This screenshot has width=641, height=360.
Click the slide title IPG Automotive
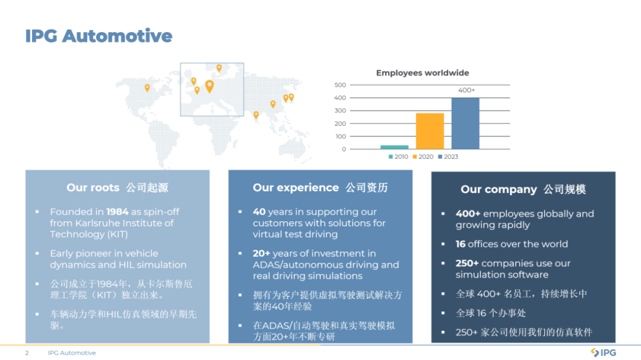99,36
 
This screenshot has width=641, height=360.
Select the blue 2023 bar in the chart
465,123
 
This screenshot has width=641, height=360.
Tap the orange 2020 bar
430,131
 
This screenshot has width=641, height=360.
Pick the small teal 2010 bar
395,147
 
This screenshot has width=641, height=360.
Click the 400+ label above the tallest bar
467,90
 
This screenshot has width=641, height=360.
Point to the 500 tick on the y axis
340,85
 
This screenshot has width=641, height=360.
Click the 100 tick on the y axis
341,136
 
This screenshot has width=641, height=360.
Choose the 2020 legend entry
423,157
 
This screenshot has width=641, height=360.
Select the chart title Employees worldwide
423,73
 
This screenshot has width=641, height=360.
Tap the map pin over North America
147,87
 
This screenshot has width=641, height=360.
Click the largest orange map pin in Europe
210,86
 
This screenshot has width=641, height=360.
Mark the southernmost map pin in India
256,115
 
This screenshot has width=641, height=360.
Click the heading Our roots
93,187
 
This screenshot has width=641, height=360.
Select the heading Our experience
296,187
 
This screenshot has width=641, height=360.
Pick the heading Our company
499,190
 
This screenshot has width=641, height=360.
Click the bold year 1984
118,212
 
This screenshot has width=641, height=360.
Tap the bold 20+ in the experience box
261,253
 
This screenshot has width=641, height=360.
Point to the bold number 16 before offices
461,244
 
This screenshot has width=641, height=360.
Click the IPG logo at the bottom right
604,353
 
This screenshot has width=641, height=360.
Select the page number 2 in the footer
27,353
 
